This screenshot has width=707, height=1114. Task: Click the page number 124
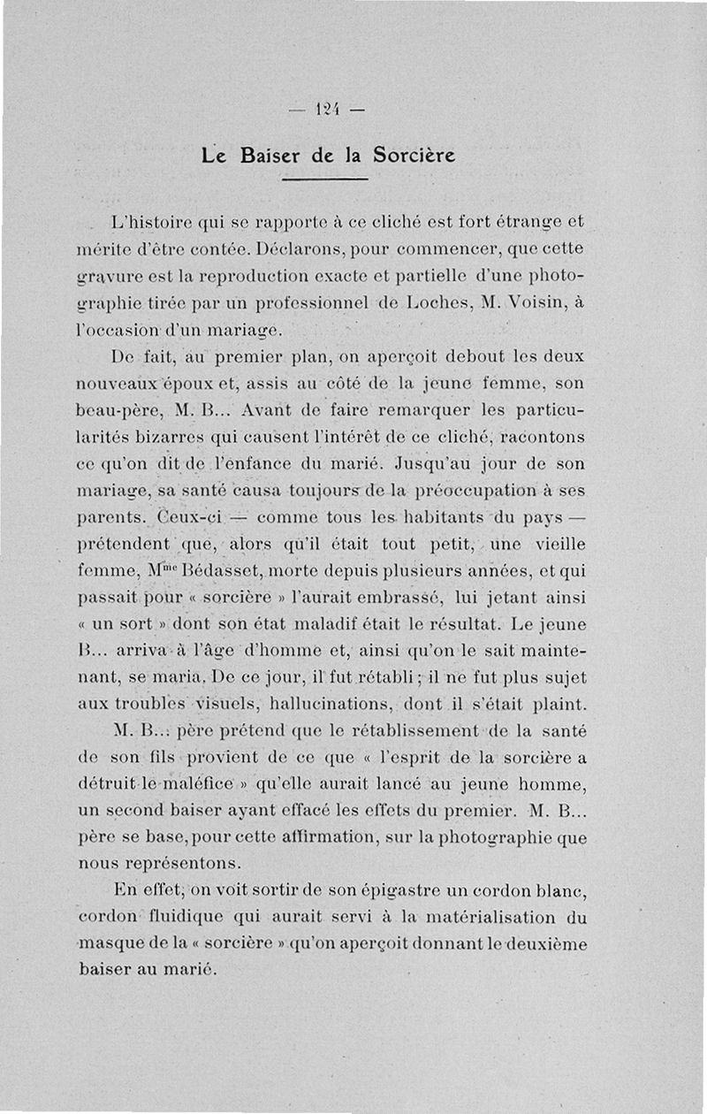pyautogui.click(x=326, y=111)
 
